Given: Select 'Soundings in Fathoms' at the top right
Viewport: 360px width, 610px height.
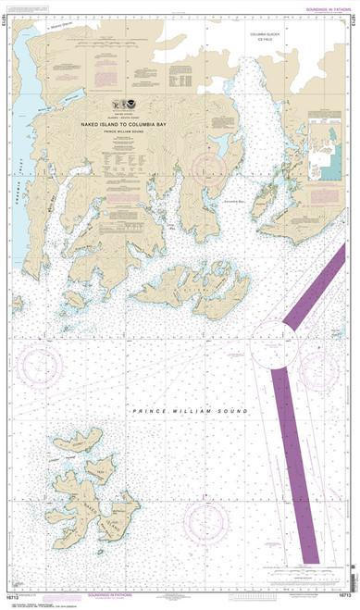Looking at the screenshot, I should [x=321, y=9].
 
